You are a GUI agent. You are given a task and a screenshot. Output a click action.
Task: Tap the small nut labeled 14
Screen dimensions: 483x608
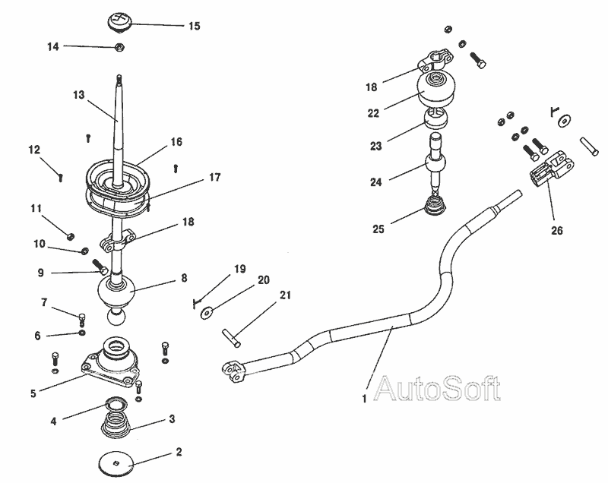tap(119, 49)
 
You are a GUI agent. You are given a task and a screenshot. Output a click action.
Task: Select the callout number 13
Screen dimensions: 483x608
tap(78, 95)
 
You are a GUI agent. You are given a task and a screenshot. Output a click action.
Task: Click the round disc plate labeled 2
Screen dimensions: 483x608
tap(116, 462)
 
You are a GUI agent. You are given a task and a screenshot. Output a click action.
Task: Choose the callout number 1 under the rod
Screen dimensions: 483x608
tap(364, 396)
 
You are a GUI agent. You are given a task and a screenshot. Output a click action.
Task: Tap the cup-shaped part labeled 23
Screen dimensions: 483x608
tap(438, 118)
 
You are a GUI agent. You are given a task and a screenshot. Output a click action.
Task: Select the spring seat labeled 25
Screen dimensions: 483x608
tap(435, 207)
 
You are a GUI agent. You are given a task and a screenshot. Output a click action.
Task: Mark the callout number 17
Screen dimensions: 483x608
tap(214, 178)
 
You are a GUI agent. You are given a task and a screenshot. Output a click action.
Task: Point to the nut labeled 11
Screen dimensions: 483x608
tap(70, 234)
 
